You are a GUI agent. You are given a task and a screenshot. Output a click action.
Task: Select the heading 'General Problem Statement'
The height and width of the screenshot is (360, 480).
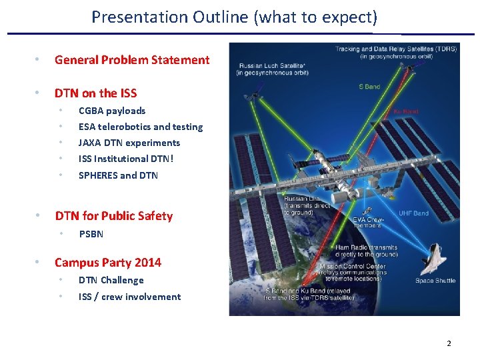132,60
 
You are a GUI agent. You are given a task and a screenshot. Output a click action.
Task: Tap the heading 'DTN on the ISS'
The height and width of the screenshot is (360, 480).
95,93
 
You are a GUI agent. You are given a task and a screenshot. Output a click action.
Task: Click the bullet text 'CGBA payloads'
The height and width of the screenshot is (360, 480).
112,111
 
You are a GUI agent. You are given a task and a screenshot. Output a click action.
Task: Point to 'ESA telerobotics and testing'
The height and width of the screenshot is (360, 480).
141,127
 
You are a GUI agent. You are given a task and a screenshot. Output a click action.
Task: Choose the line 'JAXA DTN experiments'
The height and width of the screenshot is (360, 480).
129,143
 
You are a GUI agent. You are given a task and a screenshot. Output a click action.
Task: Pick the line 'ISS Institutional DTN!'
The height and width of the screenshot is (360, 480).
126,159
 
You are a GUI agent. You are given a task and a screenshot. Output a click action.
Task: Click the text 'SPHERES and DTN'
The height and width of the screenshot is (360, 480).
119,175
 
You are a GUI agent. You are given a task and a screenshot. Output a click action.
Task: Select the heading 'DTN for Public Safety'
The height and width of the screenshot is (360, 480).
113,216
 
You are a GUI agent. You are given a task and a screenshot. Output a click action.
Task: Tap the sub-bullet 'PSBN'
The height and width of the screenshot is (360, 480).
91,234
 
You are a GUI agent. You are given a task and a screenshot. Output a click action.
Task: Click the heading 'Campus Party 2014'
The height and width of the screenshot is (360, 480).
108,263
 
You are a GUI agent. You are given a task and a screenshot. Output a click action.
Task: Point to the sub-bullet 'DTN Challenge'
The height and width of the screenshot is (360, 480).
111,280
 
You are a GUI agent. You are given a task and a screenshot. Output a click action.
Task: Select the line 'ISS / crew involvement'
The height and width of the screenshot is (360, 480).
129,297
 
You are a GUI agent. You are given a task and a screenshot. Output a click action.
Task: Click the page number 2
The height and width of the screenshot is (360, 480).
449,343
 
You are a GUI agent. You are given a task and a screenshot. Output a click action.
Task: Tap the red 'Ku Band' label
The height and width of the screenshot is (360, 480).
406,112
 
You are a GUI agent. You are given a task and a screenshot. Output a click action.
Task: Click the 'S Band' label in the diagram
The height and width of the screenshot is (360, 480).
371,87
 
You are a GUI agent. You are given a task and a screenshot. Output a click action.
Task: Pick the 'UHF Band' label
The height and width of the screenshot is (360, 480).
414,213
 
